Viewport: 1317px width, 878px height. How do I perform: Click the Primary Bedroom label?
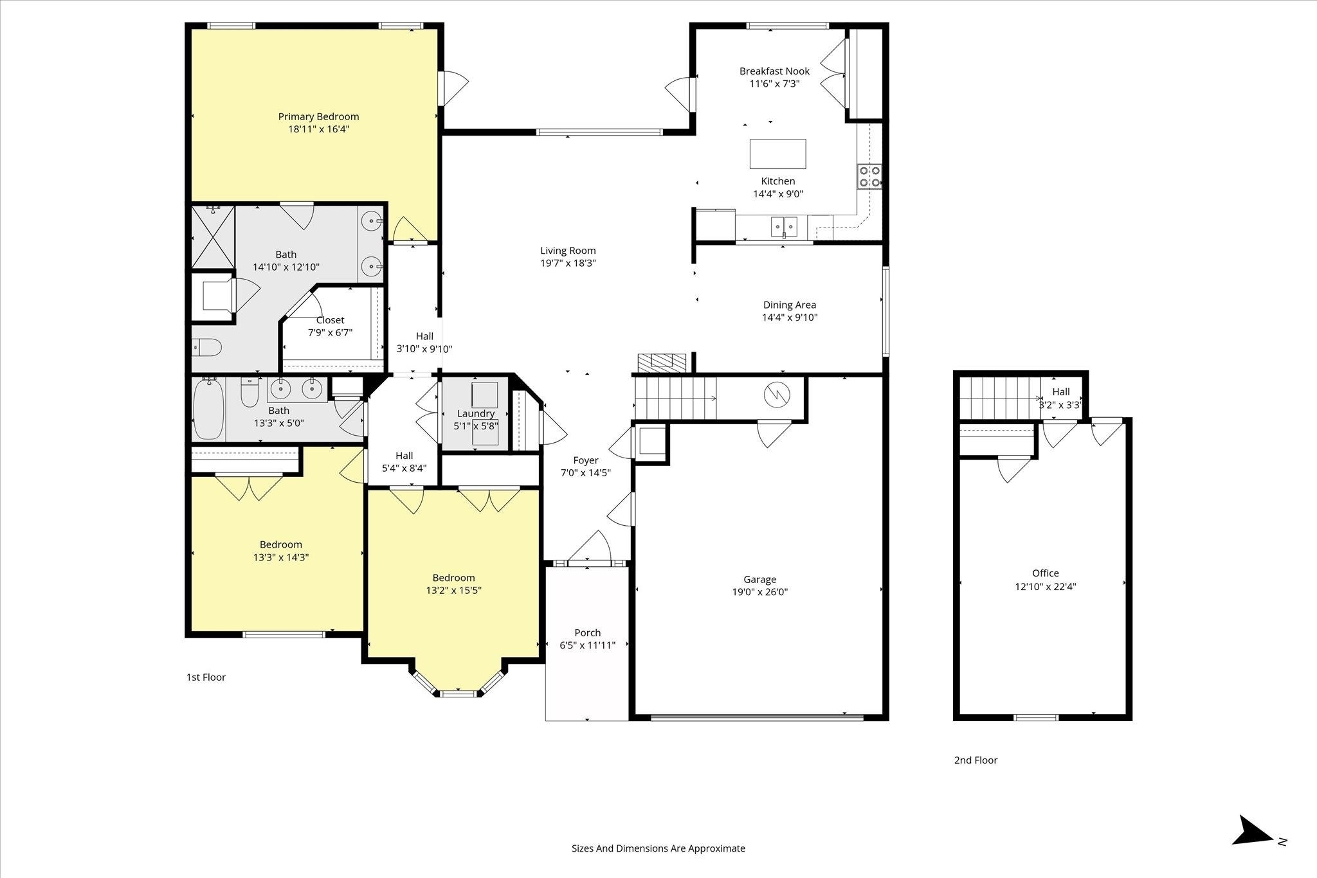click(318, 116)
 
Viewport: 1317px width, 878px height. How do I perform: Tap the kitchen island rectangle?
click(777, 154)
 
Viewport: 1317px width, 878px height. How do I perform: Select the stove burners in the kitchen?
click(869, 176)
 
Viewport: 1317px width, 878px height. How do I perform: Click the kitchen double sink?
click(784, 226)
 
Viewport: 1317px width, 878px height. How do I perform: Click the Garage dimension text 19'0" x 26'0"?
click(759, 592)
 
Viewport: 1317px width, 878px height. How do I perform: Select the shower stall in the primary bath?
click(213, 237)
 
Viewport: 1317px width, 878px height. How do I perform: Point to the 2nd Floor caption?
click(976, 760)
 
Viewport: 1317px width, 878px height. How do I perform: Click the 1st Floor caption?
click(206, 677)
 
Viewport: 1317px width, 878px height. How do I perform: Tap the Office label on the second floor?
click(1045, 573)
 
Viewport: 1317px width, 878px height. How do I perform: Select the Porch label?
click(587, 632)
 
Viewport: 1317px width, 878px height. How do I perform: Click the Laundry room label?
click(476, 413)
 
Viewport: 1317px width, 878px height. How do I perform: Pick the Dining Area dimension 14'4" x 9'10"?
click(790, 318)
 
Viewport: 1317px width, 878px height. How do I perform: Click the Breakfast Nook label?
click(774, 71)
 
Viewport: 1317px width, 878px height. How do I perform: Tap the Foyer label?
click(586, 460)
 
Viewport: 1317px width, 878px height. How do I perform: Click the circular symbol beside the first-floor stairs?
click(776, 394)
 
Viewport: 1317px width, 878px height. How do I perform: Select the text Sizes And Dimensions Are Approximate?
click(658, 848)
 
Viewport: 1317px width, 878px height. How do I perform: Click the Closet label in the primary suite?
click(330, 320)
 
